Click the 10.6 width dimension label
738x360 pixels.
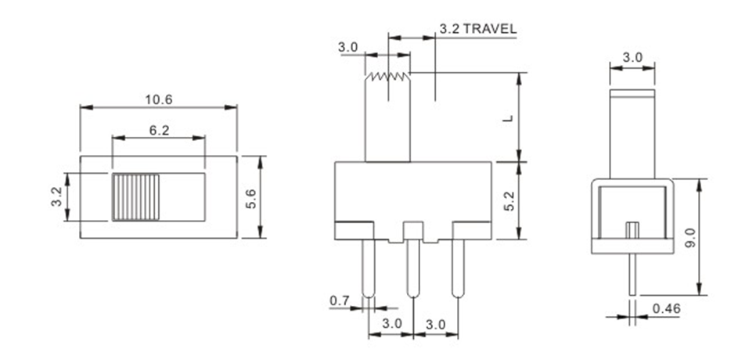[159, 99]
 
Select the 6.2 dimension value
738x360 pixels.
[159, 131]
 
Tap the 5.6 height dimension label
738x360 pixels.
[250, 199]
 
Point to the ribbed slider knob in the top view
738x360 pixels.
[135, 197]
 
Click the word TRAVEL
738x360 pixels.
[490, 29]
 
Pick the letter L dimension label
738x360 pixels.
[508, 117]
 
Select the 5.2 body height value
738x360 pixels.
[508, 200]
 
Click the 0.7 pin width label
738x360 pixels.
[340, 301]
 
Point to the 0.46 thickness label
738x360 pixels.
[667, 308]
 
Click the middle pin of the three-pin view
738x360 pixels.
[413, 268]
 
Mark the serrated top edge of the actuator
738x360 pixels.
[388, 76]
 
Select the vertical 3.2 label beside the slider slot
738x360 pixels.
[56, 196]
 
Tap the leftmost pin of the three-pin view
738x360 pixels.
[369, 268]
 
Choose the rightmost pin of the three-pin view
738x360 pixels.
[458, 268]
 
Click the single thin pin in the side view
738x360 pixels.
[632, 275]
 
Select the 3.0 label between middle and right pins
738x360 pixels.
[435, 324]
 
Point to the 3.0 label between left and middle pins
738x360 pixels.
[391, 324]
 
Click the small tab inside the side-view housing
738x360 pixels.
[632, 230]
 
